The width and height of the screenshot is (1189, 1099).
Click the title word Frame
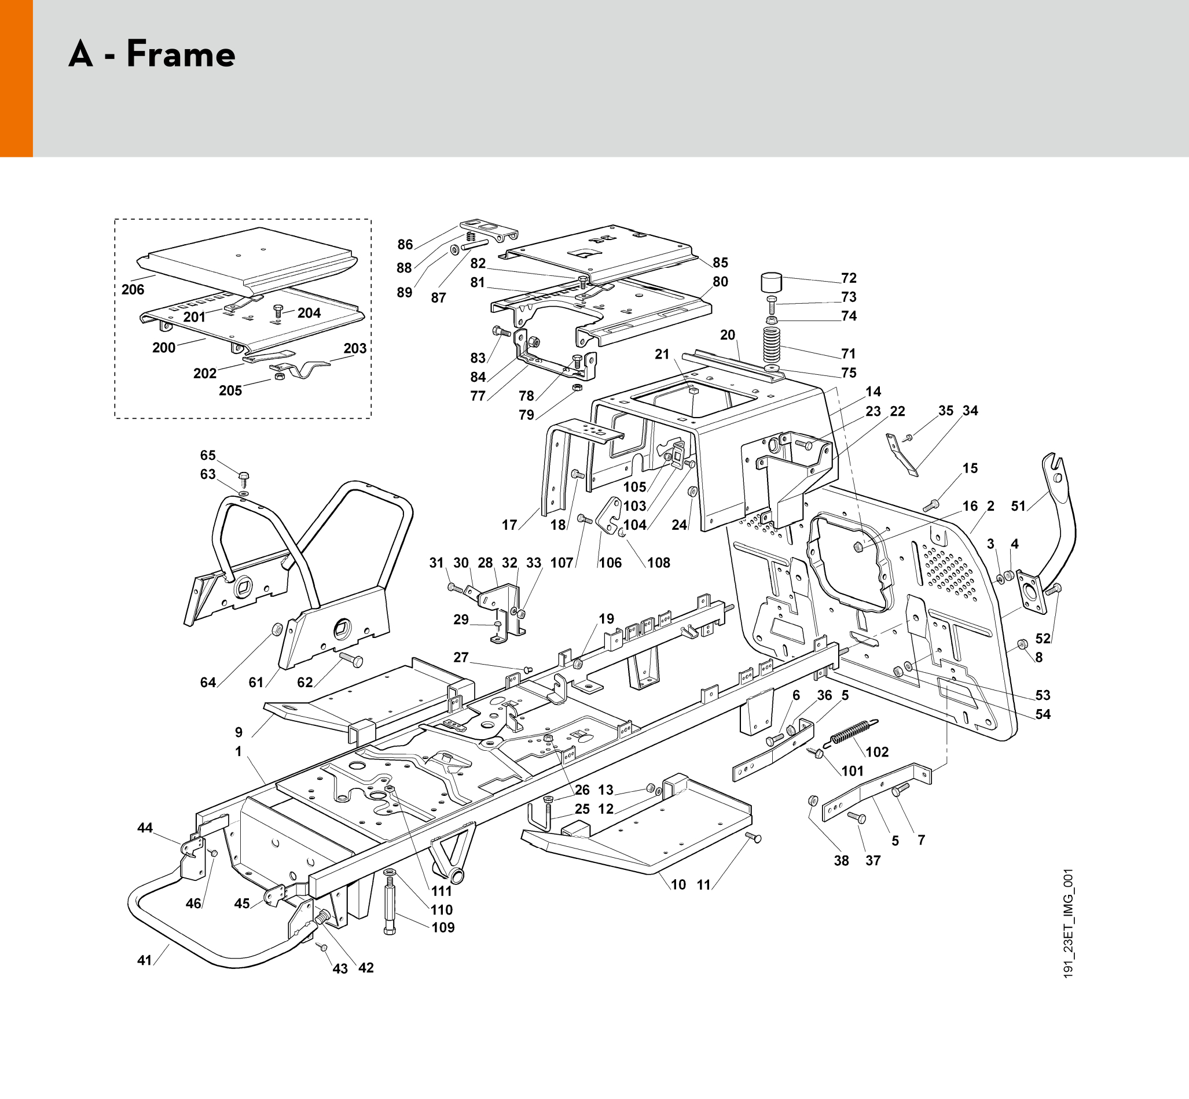(x=181, y=54)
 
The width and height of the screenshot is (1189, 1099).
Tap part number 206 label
(x=133, y=290)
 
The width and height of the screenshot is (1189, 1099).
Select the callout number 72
(x=849, y=278)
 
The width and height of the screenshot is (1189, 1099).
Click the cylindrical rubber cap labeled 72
(x=771, y=281)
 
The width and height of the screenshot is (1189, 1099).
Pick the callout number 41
(x=145, y=960)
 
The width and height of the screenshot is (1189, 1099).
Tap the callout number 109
(x=443, y=927)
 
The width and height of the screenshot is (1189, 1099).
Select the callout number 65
(x=208, y=455)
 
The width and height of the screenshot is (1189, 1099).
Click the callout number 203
(x=355, y=348)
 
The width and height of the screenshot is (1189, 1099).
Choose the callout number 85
(x=720, y=262)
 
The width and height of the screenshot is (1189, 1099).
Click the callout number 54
(x=1043, y=714)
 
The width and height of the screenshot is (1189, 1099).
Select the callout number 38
(x=841, y=861)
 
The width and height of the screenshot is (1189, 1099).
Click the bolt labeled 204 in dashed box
(x=277, y=311)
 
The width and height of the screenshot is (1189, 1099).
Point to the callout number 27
(x=461, y=657)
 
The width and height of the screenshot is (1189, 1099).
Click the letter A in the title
(x=81, y=54)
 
